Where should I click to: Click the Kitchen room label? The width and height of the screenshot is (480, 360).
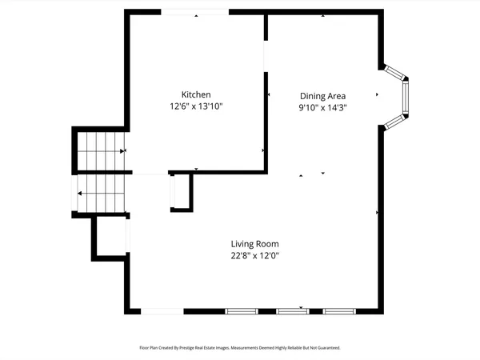click(x=195, y=94)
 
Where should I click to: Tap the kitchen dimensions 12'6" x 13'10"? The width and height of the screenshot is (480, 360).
click(x=195, y=106)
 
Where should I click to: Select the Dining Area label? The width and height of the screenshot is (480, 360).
click(x=323, y=94)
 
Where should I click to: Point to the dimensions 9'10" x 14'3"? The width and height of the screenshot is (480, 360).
click(x=323, y=106)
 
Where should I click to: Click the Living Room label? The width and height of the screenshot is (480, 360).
click(x=255, y=244)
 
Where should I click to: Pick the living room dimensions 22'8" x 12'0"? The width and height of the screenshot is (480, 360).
click(x=255, y=256)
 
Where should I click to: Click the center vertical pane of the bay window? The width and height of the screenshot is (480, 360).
click(x=406, y=98)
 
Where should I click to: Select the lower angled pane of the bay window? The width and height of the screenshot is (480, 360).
click(x=394, y=122)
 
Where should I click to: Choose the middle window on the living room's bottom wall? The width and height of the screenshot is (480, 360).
click(x=292, y=311)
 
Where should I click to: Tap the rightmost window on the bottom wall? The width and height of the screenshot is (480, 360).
click(x=338, y=311)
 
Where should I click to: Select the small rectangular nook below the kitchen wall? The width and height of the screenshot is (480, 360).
click(x=182, y=192)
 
